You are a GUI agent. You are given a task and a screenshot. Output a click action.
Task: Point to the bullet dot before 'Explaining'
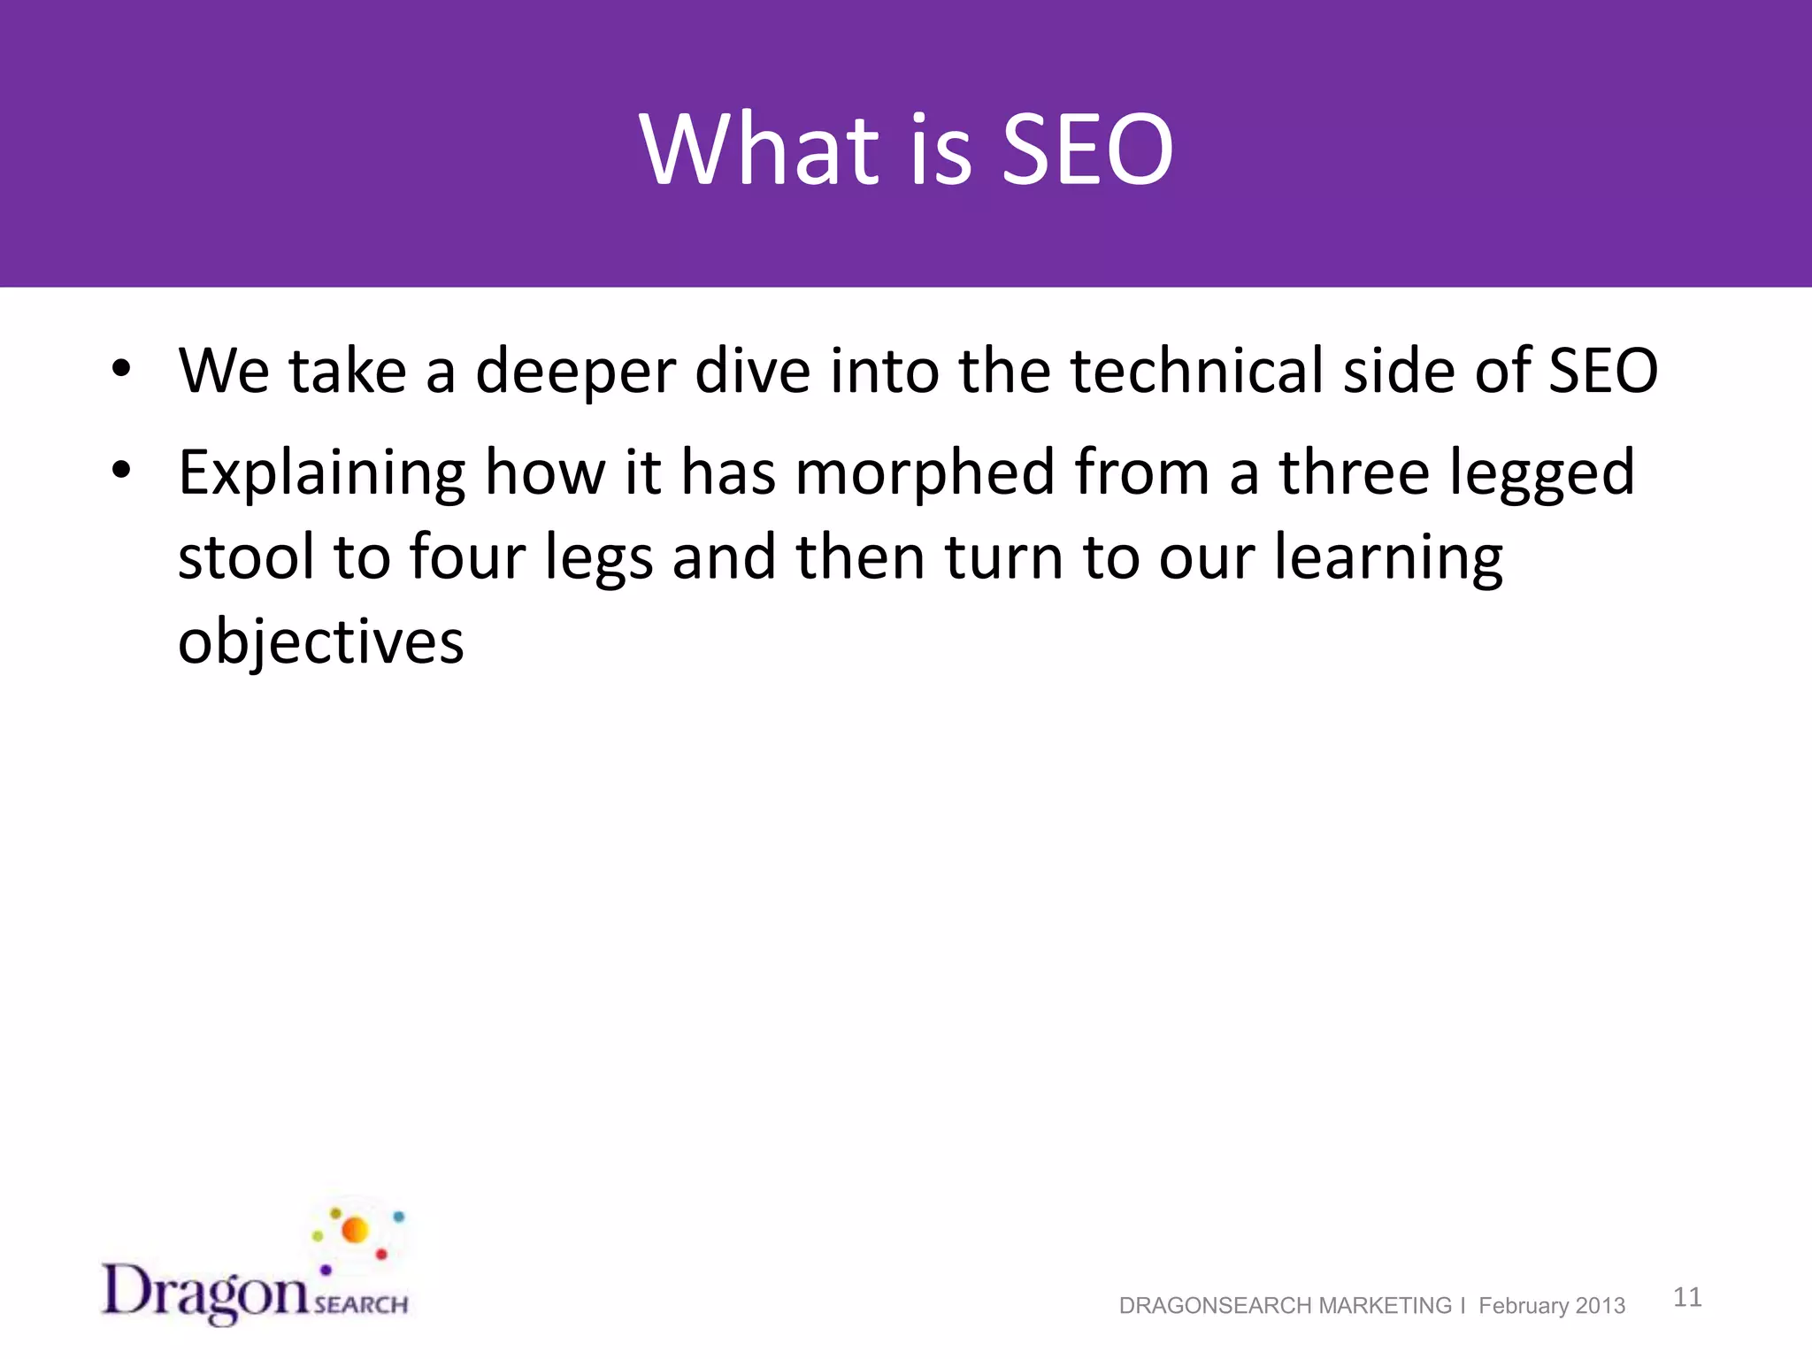pos(121,470)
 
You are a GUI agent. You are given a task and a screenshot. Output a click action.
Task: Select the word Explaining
pos(321,474)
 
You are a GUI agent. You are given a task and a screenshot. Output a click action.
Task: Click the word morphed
pos(925,472)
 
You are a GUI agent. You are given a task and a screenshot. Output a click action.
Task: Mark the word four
pos(468,557)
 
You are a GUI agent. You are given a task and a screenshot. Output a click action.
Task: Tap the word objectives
pos(320,641)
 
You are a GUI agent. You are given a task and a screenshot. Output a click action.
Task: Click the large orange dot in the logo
pos(355,1230)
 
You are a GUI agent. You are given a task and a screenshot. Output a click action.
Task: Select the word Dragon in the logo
pos(205,1292)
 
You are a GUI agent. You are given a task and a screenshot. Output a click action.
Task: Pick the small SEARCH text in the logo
pos(360,1304)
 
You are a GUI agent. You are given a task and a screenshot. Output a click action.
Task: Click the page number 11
pos(1687,1297)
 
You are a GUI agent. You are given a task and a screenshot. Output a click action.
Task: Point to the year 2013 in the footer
pos(1601,1306)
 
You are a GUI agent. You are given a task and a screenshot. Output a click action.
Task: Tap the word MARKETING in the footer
pos(1385,1306)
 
